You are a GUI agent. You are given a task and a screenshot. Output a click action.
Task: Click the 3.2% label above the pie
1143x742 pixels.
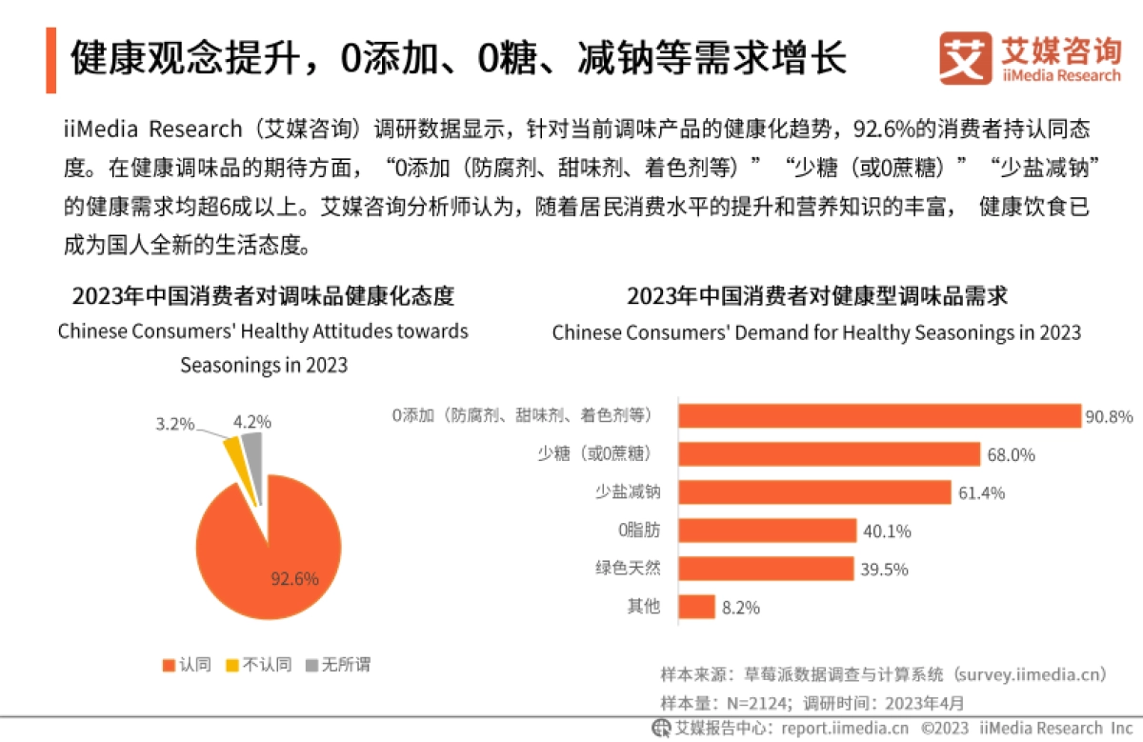175,422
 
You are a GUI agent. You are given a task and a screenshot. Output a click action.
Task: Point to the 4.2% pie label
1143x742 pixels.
251,420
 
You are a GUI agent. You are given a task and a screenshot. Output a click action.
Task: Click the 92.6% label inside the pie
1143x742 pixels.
294,578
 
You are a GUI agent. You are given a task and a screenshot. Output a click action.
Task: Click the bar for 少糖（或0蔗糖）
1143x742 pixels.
828,454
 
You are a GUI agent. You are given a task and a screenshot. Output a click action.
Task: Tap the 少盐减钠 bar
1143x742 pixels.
813,492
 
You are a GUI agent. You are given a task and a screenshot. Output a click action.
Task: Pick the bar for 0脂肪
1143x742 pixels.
766,531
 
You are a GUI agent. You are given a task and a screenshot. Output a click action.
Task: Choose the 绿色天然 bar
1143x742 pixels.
764,569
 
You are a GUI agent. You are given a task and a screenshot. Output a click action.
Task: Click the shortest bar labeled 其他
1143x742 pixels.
695,607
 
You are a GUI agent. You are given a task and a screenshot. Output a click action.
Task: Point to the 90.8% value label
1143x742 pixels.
1110,417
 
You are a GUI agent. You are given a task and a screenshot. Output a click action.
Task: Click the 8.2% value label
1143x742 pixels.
740,608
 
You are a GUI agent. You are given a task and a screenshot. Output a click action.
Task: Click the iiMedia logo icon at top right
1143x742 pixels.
965,58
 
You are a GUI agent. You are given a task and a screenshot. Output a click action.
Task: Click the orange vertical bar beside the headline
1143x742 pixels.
50,60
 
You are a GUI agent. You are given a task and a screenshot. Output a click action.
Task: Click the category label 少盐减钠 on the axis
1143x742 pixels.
627,492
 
